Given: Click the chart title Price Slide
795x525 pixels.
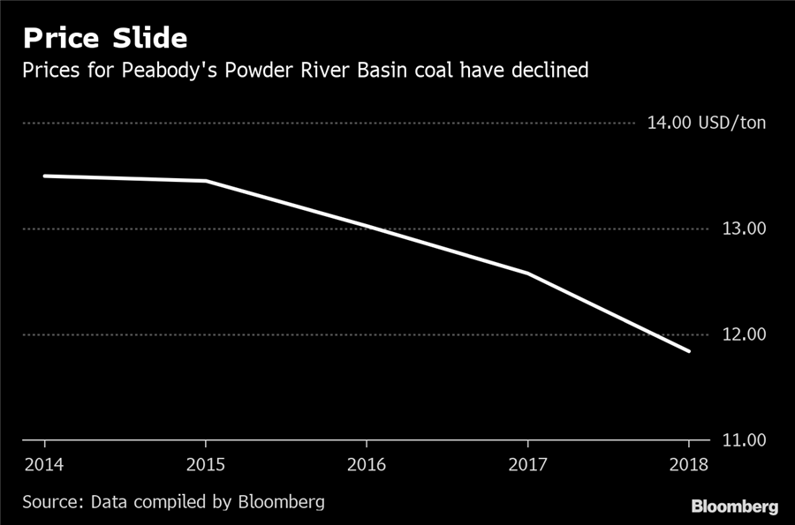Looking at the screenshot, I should [104, 39].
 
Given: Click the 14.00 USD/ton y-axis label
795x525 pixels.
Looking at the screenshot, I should [707, 123].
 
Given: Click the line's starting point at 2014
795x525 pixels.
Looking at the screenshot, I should [44, 176].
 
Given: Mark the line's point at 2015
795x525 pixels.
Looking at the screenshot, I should [205, 181].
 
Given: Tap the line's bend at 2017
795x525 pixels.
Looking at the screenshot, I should [527, 274].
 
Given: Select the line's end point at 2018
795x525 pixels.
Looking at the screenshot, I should [689, 351].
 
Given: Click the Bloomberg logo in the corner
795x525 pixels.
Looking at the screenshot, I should [734, 506].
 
